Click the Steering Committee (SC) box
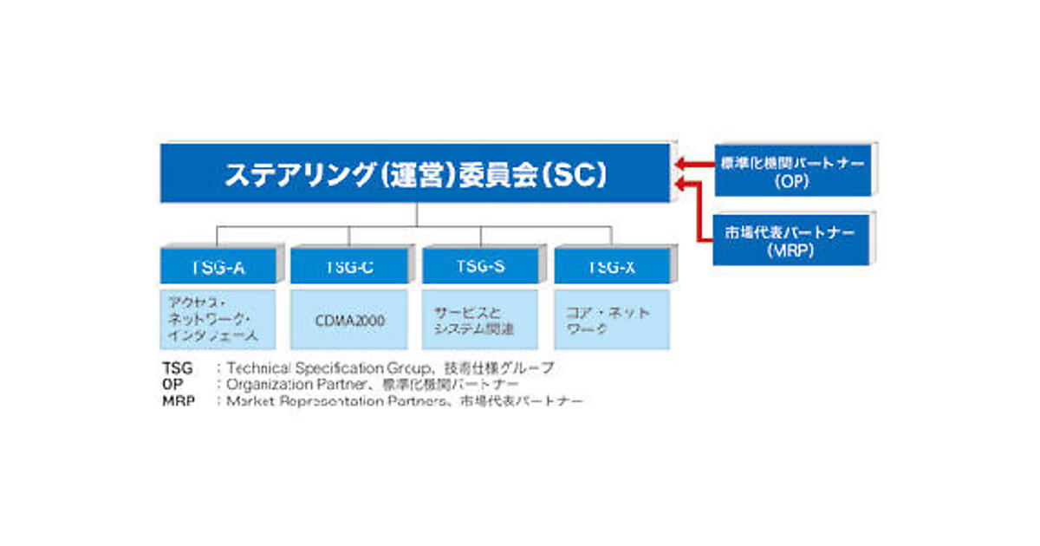[x=414, y=173]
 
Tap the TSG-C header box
[x=349, y=267]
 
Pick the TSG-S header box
[x=480, y=267]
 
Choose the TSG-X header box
[x=612, y=267]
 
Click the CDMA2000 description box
[x=349, y=320]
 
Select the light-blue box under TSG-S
[x=480, y=320]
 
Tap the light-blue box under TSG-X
[x=612, y=320]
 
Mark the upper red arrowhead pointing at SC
[x=680, y=162]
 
